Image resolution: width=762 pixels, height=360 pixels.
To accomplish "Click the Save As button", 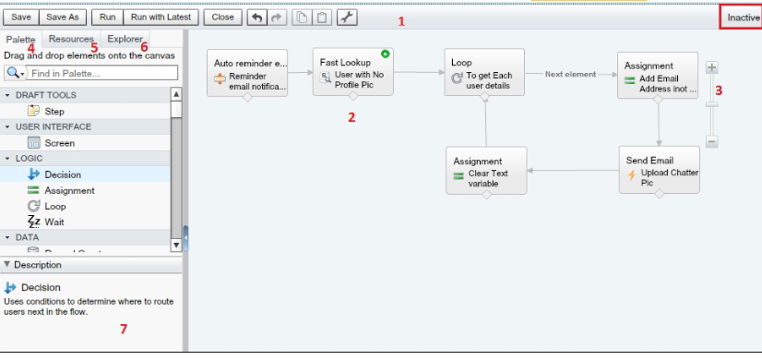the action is (x=62, y=17).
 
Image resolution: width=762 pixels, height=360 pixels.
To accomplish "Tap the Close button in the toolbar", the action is (x=222, y=17).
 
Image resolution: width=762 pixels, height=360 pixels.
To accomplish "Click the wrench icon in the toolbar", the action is (x=347, y=17).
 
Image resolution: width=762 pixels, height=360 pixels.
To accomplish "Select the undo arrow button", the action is (x=257, y=17).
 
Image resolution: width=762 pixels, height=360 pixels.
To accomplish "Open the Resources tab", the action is (x=71, y=39).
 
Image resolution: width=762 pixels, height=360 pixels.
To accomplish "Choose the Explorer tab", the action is (x=125, y=39).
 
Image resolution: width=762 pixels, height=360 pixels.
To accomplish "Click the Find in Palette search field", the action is (x=102, y=73).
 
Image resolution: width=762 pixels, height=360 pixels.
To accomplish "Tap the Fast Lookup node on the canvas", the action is (x=352, y=72).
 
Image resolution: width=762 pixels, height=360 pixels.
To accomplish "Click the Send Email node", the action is (x=659, y=170).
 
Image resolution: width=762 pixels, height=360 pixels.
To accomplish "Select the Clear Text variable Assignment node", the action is (x=486, y=170).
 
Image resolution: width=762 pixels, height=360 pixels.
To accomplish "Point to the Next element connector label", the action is (x=570, y=75).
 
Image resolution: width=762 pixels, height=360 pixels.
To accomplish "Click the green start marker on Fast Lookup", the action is (x=386, y=54).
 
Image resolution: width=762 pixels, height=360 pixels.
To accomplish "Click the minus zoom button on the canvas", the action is (x=711, y=141).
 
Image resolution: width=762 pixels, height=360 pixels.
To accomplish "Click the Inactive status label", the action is (x=742, y=18).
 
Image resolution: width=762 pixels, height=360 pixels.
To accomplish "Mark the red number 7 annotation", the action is (x=124, y=330).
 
